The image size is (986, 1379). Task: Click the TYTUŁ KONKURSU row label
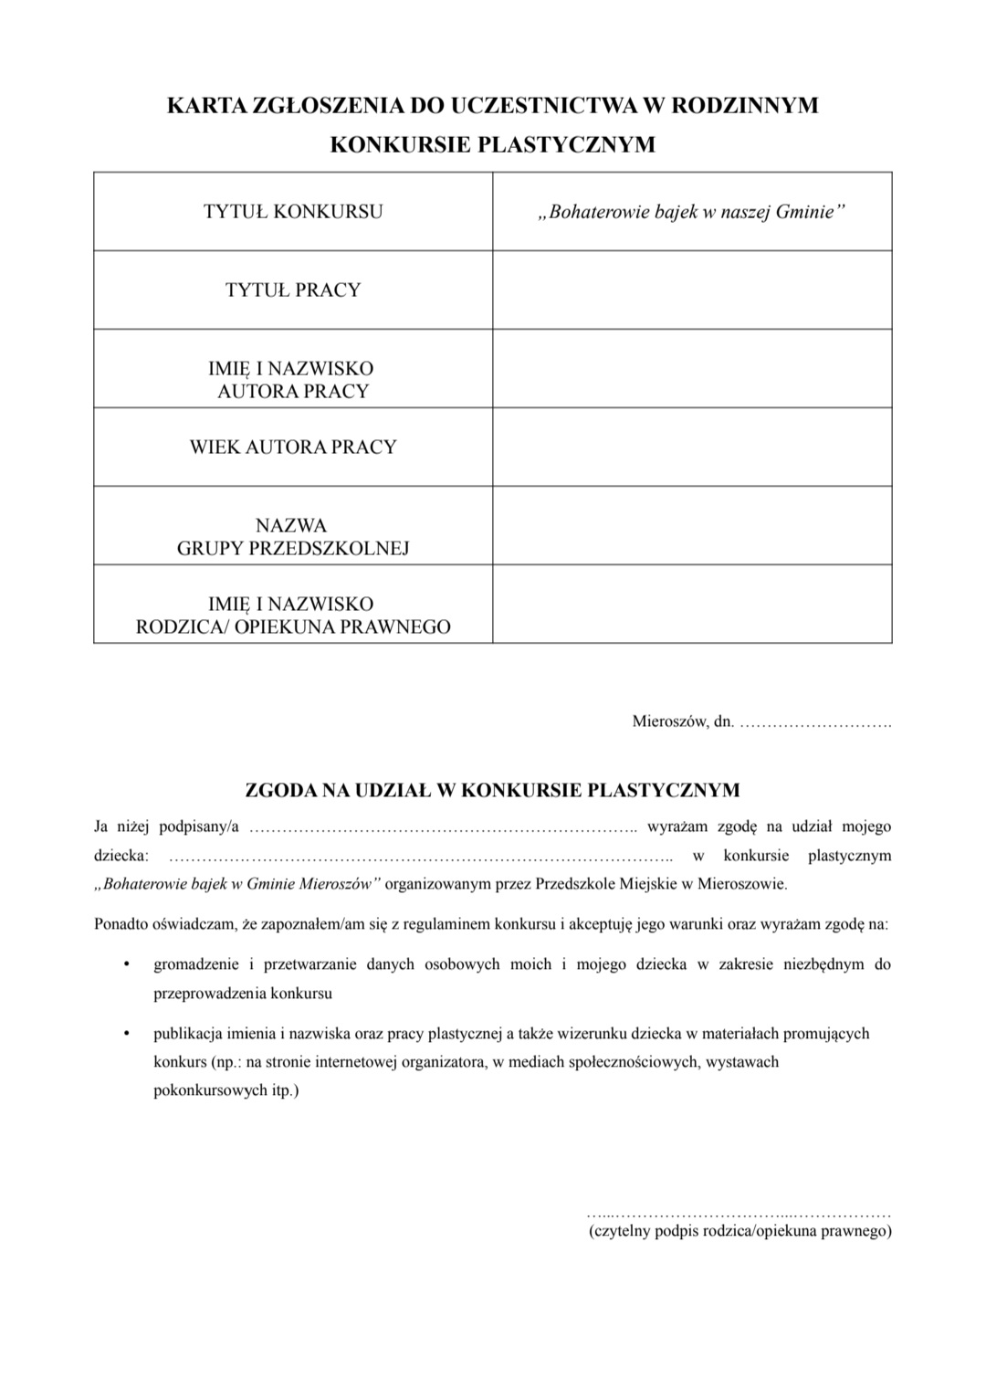293,212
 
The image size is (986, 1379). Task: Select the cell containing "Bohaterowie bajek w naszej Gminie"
692,212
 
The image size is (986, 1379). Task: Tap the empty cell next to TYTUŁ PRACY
692,290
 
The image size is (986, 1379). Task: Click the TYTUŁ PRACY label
293,290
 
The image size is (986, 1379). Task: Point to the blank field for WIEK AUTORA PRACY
692,447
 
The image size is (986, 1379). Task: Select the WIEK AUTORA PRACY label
293,447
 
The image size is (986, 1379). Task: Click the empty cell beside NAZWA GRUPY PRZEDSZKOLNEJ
692,525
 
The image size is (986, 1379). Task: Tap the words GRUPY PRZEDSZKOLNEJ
293,548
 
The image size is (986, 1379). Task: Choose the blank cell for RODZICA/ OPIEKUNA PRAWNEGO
692,604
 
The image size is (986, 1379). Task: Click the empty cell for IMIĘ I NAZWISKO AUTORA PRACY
692,369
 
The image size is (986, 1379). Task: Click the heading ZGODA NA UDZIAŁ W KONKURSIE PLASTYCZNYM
493,790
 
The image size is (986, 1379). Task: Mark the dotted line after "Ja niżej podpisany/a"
443,828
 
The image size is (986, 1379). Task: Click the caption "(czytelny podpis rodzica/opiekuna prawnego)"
740,1232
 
